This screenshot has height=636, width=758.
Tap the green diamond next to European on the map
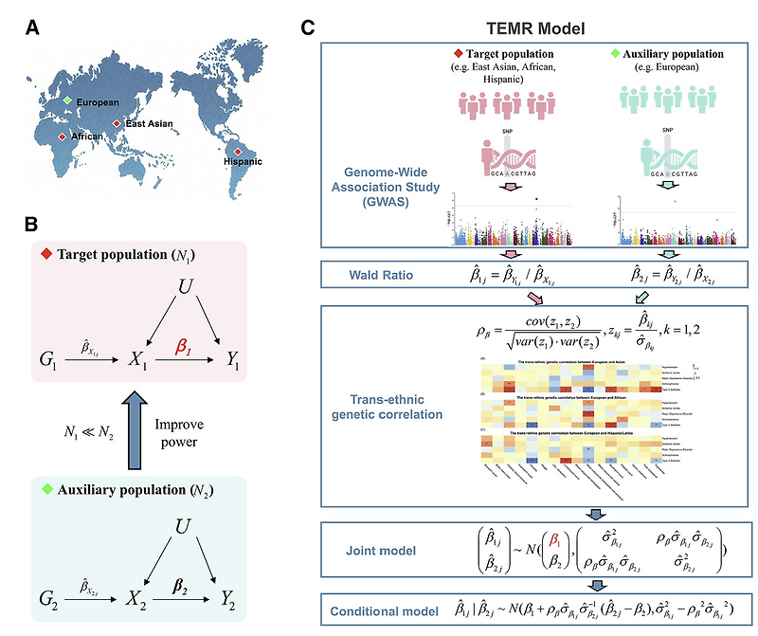click(67, 100)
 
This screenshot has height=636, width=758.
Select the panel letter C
click(308, 28)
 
